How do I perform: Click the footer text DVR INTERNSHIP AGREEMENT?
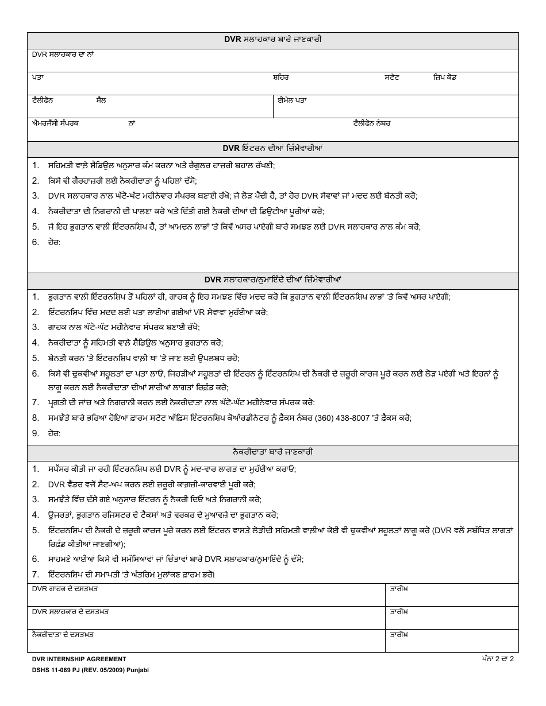[x=79, y=660]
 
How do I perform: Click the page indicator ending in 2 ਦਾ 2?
[x=498, y=659]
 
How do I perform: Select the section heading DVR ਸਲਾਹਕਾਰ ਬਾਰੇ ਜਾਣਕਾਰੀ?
[x=272, y=40]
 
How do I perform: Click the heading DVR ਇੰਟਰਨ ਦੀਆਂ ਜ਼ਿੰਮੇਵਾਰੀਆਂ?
[x=272, y=149]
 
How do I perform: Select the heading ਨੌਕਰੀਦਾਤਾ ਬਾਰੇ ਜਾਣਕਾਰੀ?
[x=272, y=453]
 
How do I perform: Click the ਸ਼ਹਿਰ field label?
[x=280, y=77]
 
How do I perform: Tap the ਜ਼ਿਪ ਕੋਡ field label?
[x=445, y=77]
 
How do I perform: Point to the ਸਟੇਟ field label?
[x=392, y=77]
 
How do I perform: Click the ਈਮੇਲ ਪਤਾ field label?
[x=292, y=100]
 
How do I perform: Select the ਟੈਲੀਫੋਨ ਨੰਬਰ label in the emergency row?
[x=372, y=123]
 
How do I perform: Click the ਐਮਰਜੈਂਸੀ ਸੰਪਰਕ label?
[x=55, y=123]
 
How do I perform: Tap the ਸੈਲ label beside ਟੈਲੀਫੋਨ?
[x=101, y=100]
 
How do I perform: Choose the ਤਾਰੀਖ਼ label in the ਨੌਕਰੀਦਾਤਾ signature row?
[x=399, y=635]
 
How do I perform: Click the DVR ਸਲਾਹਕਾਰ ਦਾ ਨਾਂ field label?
[x=63, y=54]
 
